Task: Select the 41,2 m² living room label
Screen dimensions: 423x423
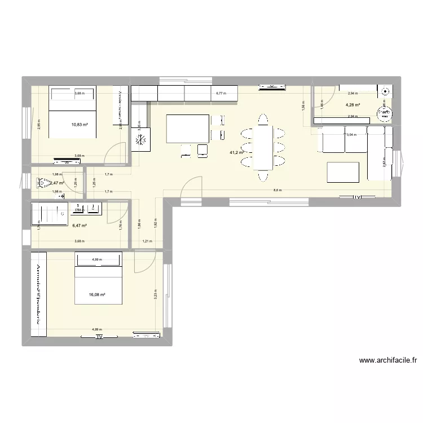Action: tap(236, 152)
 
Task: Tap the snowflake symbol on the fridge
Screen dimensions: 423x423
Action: tap(141, 138)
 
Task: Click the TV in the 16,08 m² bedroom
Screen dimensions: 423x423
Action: tap(99, 337)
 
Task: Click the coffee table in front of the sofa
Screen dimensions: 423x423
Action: tap(343, 172)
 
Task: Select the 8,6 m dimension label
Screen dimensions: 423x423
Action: tap(277, 191)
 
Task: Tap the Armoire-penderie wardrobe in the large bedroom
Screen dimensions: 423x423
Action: tap(39, 293)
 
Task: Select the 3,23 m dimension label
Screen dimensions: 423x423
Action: tap(155, 294)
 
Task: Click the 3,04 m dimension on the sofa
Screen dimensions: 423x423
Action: tap(351, 135)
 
